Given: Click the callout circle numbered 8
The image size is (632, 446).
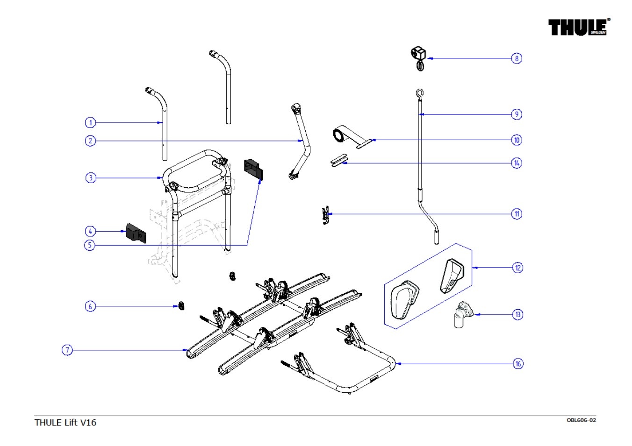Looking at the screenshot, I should click(517, 58).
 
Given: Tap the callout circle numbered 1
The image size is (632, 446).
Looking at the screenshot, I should click(90, 123).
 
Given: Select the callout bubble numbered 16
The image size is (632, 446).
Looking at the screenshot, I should click(518, 363).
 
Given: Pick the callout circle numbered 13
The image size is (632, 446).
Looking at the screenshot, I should click(517, 314).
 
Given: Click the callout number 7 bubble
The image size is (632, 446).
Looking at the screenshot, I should click(67, 350).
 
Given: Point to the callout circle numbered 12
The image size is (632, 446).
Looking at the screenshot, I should click(517, 268).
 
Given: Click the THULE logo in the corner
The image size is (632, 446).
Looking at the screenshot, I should click(579, 27).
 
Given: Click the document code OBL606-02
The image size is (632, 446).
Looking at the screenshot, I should click(581, 420).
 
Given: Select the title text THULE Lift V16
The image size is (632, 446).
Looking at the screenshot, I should click(65, 422).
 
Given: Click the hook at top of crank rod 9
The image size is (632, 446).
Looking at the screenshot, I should click(420, 94).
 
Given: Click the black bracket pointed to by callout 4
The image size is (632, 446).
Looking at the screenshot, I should click(136, 233).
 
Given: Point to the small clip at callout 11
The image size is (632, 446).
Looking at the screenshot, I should click(326, 215).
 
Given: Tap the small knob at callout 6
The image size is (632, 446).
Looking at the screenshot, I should click(180, 306).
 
